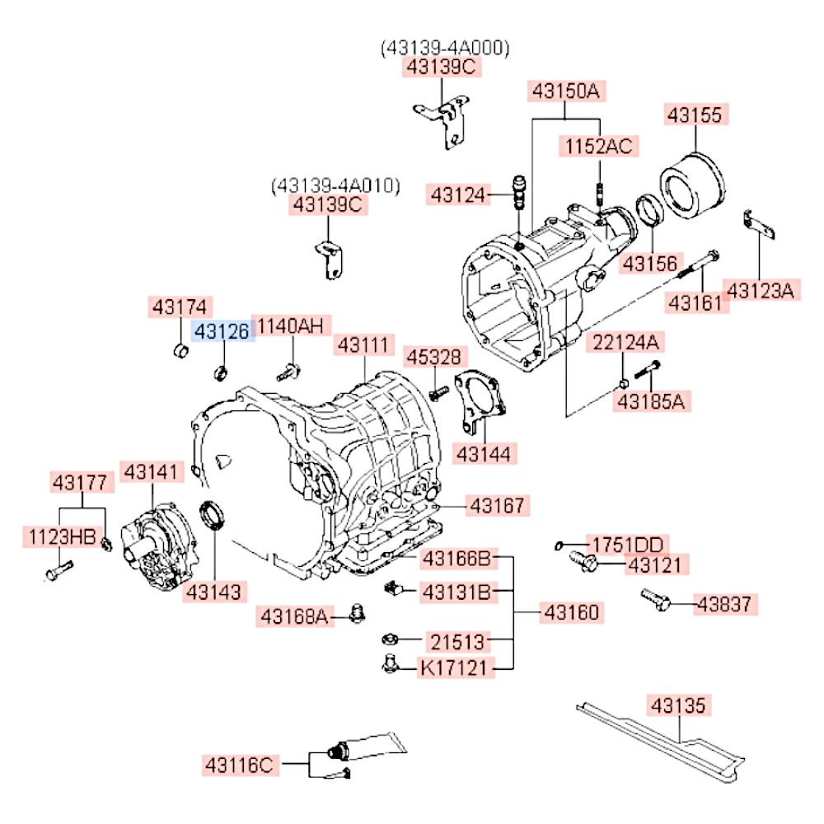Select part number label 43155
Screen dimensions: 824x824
[x=697, y=115]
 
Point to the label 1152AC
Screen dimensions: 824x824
[x=598, y=147]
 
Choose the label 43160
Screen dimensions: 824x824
[x=571, y=612]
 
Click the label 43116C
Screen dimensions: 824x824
[x=238, y=765]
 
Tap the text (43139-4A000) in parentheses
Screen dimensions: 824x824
[x=445, y=48]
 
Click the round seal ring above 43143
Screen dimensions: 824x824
[x=215, y=517]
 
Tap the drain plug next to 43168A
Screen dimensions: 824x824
[x=357, y=613]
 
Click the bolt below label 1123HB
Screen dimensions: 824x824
[x=58, y=569]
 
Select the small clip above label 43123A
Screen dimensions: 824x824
[x=757, y=224]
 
